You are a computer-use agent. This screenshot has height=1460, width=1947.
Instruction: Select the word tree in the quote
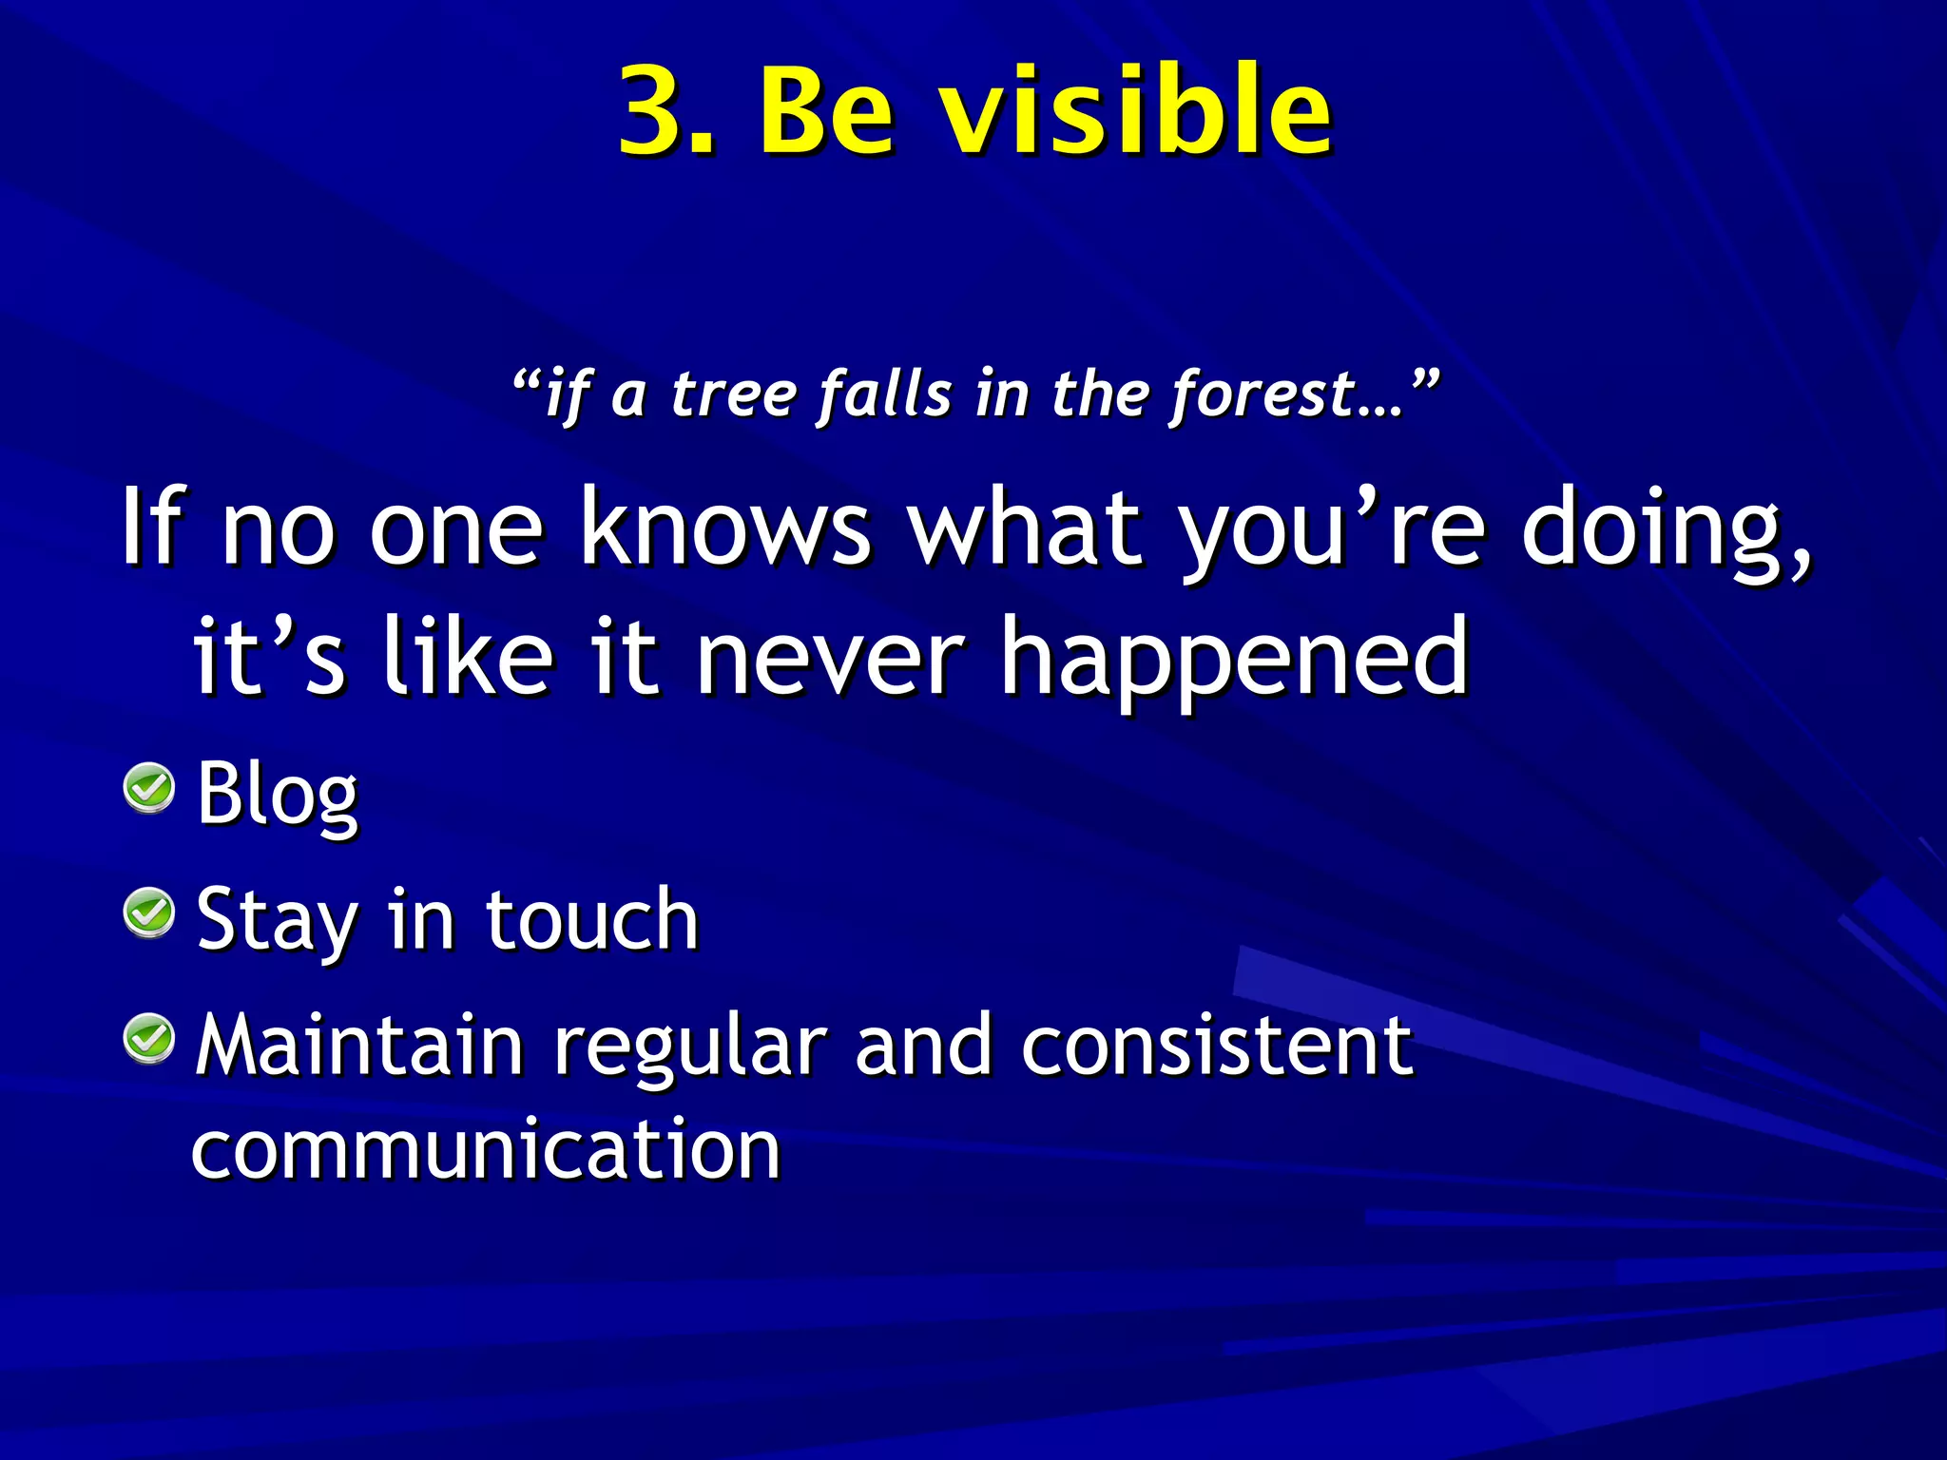(x=733, y=394)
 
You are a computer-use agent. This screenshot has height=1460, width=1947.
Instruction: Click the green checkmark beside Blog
(x=149, y=788)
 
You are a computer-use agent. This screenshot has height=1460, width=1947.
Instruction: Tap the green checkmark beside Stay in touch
(x=149, y=913)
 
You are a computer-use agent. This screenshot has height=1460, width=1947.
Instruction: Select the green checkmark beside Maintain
(x=149, y=1038)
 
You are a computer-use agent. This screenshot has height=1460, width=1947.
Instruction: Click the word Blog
(x=277, y=795)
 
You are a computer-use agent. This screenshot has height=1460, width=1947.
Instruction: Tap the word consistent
(x=1217, y=1045)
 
